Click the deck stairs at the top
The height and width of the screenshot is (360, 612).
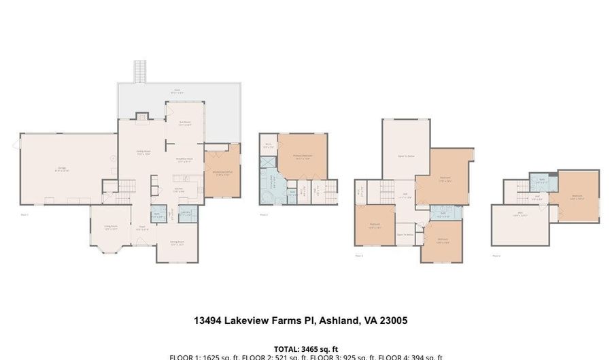click(141, 71)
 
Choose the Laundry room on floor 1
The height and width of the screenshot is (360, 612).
click(185, 214)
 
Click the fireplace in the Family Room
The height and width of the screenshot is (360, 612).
click(141, 117)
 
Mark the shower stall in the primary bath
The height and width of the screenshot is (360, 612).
click(267, 163)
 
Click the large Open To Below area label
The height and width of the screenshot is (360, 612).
click(405, 156)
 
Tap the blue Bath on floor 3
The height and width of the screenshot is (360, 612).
click(442, 213)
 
